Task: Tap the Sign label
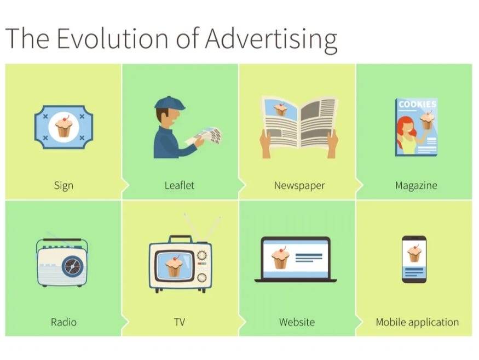pos(64,185)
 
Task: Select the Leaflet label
pos(180,185)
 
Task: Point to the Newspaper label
pos(299,185)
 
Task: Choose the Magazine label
pos(416,185)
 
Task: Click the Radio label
pos(64,322)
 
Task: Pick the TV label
pos(180,322)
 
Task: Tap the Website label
pos(297,322)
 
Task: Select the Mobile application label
pos(417,322)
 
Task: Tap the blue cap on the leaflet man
pos(166,102)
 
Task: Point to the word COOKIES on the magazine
pos(417,104)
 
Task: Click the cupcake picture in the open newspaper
pos(281,109)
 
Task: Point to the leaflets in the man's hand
pos(208,135)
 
